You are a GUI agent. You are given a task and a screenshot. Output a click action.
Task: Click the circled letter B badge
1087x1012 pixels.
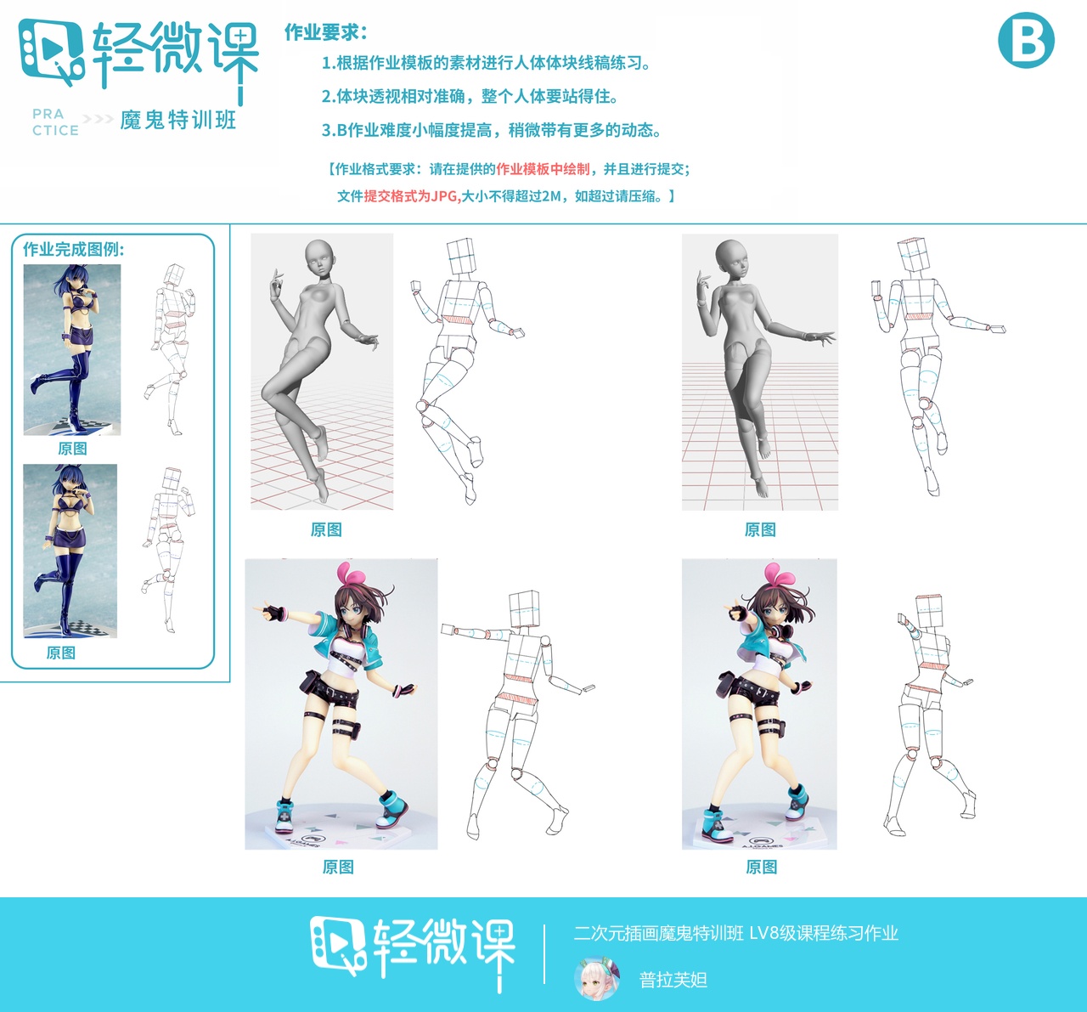pos(1026,40)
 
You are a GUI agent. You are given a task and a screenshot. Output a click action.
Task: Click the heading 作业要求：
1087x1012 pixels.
pos(326,32)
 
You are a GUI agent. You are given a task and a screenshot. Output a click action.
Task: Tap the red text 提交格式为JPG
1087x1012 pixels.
pos(411,196)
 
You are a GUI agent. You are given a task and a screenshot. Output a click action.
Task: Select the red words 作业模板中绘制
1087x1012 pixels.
pos(543,169)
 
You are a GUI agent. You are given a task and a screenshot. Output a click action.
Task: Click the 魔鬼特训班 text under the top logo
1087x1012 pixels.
pos(178,121)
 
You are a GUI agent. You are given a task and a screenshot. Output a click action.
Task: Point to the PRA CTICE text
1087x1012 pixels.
pos(55,122)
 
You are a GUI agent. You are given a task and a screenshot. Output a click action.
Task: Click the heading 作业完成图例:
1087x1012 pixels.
pos(74,249)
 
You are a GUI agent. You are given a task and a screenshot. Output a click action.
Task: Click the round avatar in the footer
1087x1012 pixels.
pos(596,979)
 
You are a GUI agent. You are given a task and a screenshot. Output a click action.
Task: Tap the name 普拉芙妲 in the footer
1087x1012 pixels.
pos(673,980)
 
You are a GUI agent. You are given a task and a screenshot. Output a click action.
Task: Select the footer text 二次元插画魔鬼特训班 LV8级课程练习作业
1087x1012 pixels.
pos(735,933)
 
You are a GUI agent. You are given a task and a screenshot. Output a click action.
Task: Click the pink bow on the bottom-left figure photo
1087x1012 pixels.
pos(348,574)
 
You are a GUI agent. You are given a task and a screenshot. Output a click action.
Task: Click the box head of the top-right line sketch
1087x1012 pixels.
pos(915,255)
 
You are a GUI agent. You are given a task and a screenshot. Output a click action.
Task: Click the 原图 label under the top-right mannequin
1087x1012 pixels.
pos(760,529)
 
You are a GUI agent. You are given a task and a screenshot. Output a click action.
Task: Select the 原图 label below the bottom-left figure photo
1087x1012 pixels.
pos(338,867)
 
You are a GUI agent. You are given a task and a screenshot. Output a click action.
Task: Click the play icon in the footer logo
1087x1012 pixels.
pos(337,941)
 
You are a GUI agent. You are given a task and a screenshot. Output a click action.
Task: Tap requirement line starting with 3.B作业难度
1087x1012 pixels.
pos(491,130)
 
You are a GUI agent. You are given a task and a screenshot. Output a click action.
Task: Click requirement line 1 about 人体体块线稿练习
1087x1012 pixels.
pos(486,63)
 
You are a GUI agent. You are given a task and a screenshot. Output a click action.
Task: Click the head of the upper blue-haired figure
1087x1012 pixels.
pos(71,280)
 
